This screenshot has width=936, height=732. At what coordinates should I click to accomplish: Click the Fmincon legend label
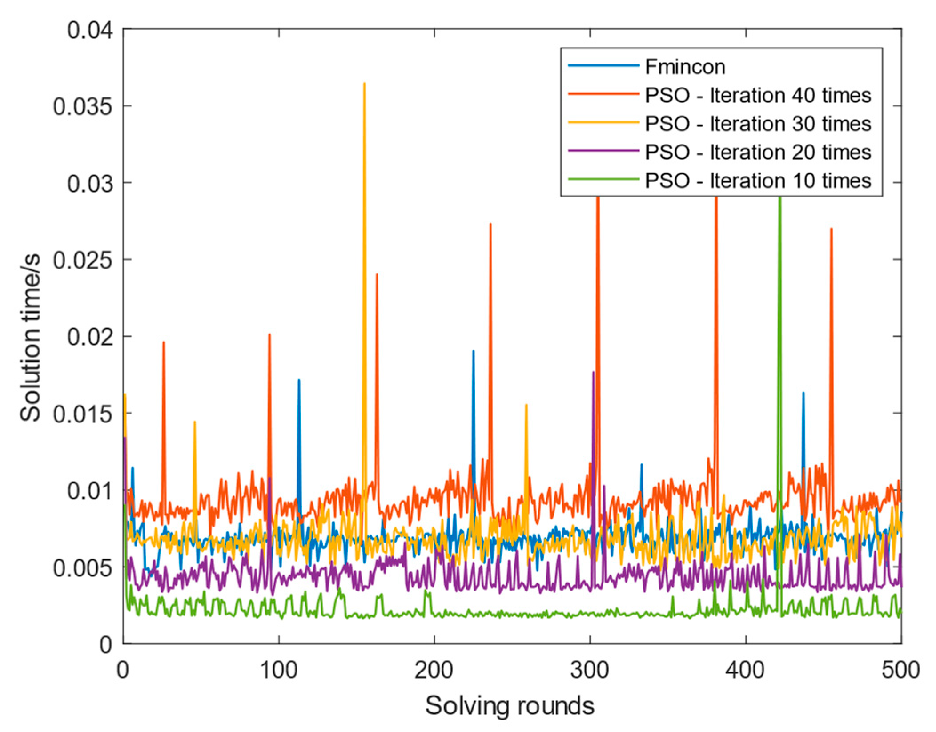[x=685, y=67]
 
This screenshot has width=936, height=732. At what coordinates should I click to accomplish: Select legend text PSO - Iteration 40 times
[x=757, y=96]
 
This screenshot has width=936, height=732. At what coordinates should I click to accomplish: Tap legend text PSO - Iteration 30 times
[x=757, y=124]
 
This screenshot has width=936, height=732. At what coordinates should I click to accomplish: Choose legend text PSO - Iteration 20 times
[x=757, y=153]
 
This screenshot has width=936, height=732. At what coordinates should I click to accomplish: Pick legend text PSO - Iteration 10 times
[x=757, y=181]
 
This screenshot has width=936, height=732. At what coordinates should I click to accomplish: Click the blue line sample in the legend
[x=603, y=66]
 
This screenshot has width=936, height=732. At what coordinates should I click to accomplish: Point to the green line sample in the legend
[x=603, y=179]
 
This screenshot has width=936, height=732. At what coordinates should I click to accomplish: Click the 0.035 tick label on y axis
[x=83, y=107]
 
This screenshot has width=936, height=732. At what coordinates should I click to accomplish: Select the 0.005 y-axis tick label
[x=83, y=568]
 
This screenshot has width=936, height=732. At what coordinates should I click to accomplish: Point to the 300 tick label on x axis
[x=590, y=670]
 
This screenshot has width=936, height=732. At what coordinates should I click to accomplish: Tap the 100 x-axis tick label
[x=278, y=670]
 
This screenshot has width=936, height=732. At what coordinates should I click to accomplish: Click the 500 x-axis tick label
[x=900, y=670]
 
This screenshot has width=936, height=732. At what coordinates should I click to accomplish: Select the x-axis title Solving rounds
[x=510, y=706]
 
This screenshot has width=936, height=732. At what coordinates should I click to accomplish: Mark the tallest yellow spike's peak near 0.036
[x=364, y=84]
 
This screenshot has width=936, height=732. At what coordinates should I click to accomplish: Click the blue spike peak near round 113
[x=299, y=380]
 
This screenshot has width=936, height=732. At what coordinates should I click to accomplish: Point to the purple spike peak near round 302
[x=593, y=372]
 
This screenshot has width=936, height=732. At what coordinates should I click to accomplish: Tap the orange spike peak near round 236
[x=490, y=224]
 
